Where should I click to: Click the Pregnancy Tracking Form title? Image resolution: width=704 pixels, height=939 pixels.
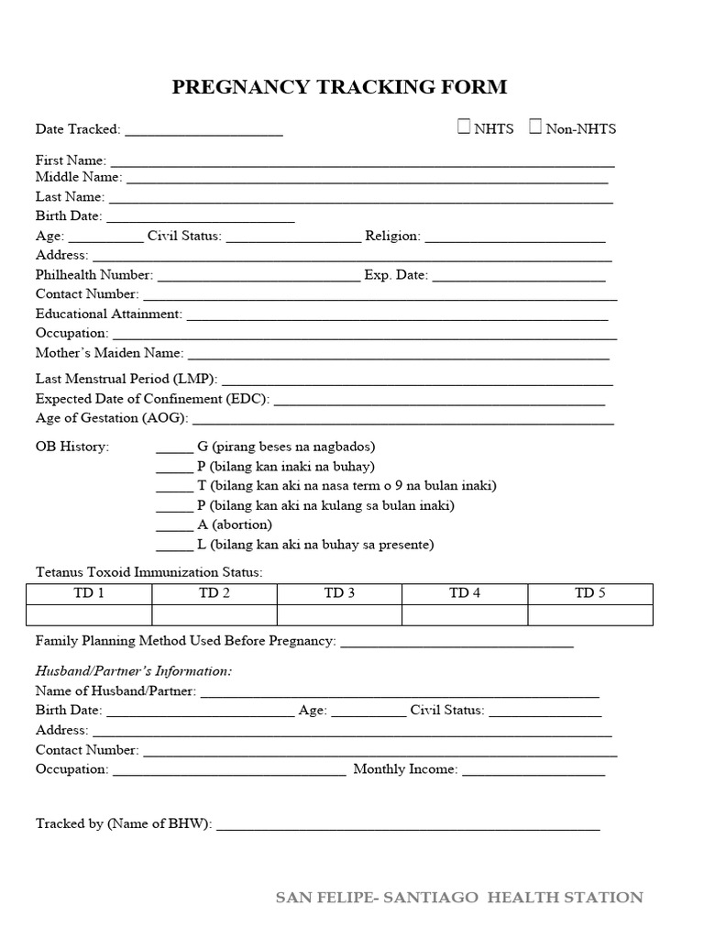pos(339,88)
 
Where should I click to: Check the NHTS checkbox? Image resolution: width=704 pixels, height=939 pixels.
pos(465,127)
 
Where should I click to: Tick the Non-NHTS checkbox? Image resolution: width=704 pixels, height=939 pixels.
pos(535,127)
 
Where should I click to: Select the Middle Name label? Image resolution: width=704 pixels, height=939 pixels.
pos(78,177)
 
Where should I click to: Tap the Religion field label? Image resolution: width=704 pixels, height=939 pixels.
pos(392,236)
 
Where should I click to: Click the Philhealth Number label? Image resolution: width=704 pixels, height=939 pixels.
pos(93,274)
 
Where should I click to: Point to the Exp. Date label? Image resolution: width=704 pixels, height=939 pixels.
pos(395,274)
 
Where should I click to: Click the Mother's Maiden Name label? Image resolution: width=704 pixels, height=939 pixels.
pos(109,352)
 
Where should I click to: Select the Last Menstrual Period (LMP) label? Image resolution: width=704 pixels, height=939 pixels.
pos(126,378)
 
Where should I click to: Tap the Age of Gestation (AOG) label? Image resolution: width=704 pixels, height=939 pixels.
pos(112,417)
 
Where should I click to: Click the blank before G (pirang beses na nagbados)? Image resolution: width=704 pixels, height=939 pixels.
pos(174,449)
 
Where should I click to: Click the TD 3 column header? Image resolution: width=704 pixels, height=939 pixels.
pos(339,593)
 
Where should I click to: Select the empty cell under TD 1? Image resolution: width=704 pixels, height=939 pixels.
pos(89,614)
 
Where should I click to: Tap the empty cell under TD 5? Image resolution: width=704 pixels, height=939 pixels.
pos(590,614)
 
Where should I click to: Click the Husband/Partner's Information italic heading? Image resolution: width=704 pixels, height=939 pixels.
pos(134,671)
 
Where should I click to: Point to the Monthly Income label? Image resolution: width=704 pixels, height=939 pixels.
pos(404,769)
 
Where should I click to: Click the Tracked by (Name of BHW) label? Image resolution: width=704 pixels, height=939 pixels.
pos(124,823)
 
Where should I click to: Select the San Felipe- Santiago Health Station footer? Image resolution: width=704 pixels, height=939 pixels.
pos(459,898)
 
